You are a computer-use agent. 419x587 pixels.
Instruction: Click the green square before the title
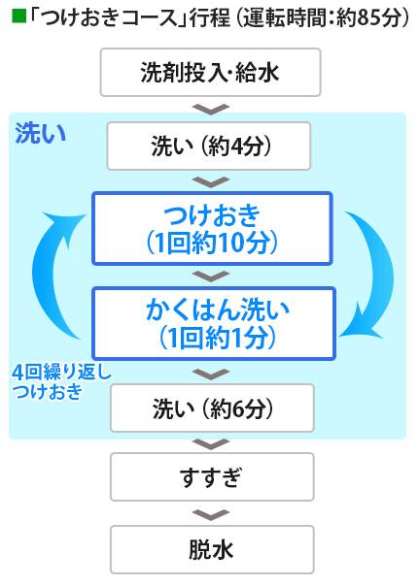click(18, 16)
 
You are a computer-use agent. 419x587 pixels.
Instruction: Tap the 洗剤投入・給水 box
click(210, 72)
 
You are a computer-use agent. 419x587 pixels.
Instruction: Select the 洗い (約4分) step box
click(209, 146)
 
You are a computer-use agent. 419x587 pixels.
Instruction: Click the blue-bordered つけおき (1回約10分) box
click(212, 228)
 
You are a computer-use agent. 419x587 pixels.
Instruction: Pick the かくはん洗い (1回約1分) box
click(214, 323)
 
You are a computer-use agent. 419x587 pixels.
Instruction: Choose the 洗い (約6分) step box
click(212, 408)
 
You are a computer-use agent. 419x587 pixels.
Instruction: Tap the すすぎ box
click(212, 477)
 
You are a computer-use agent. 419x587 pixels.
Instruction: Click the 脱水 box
click(212, 549)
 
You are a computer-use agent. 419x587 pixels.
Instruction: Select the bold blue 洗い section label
click(41, 134)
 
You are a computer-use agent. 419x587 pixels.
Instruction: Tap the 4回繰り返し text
click(62, 373)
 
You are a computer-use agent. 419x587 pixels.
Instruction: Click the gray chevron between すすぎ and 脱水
click(211, 514)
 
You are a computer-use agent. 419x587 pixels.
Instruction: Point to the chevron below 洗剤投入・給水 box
click(211, 109)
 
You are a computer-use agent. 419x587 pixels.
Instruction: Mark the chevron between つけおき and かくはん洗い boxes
click(211, 276)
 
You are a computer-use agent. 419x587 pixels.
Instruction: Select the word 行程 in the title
click(210, 17)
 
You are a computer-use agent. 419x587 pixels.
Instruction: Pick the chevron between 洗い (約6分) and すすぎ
click(211, 444)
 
